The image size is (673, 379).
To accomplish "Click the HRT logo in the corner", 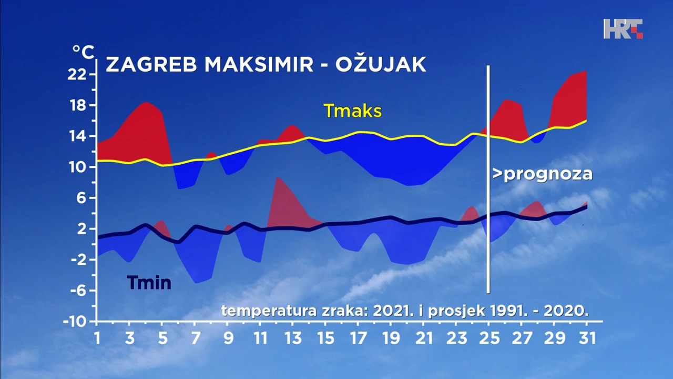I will pos(623,28).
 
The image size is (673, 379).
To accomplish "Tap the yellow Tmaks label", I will pos(352,111).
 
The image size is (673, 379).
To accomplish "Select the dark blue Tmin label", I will pos(149,283).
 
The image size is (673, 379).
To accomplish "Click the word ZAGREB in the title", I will pos(151,64).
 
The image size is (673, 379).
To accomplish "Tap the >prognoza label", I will pos(542,174).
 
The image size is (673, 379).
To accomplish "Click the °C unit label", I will pos(83,52).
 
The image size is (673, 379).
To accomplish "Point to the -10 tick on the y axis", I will pos(77,321).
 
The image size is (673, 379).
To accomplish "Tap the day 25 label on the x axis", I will pos(488,337).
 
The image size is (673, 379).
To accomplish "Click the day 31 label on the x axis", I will pos(586,337).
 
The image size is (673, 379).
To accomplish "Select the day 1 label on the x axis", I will pos(97,337).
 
